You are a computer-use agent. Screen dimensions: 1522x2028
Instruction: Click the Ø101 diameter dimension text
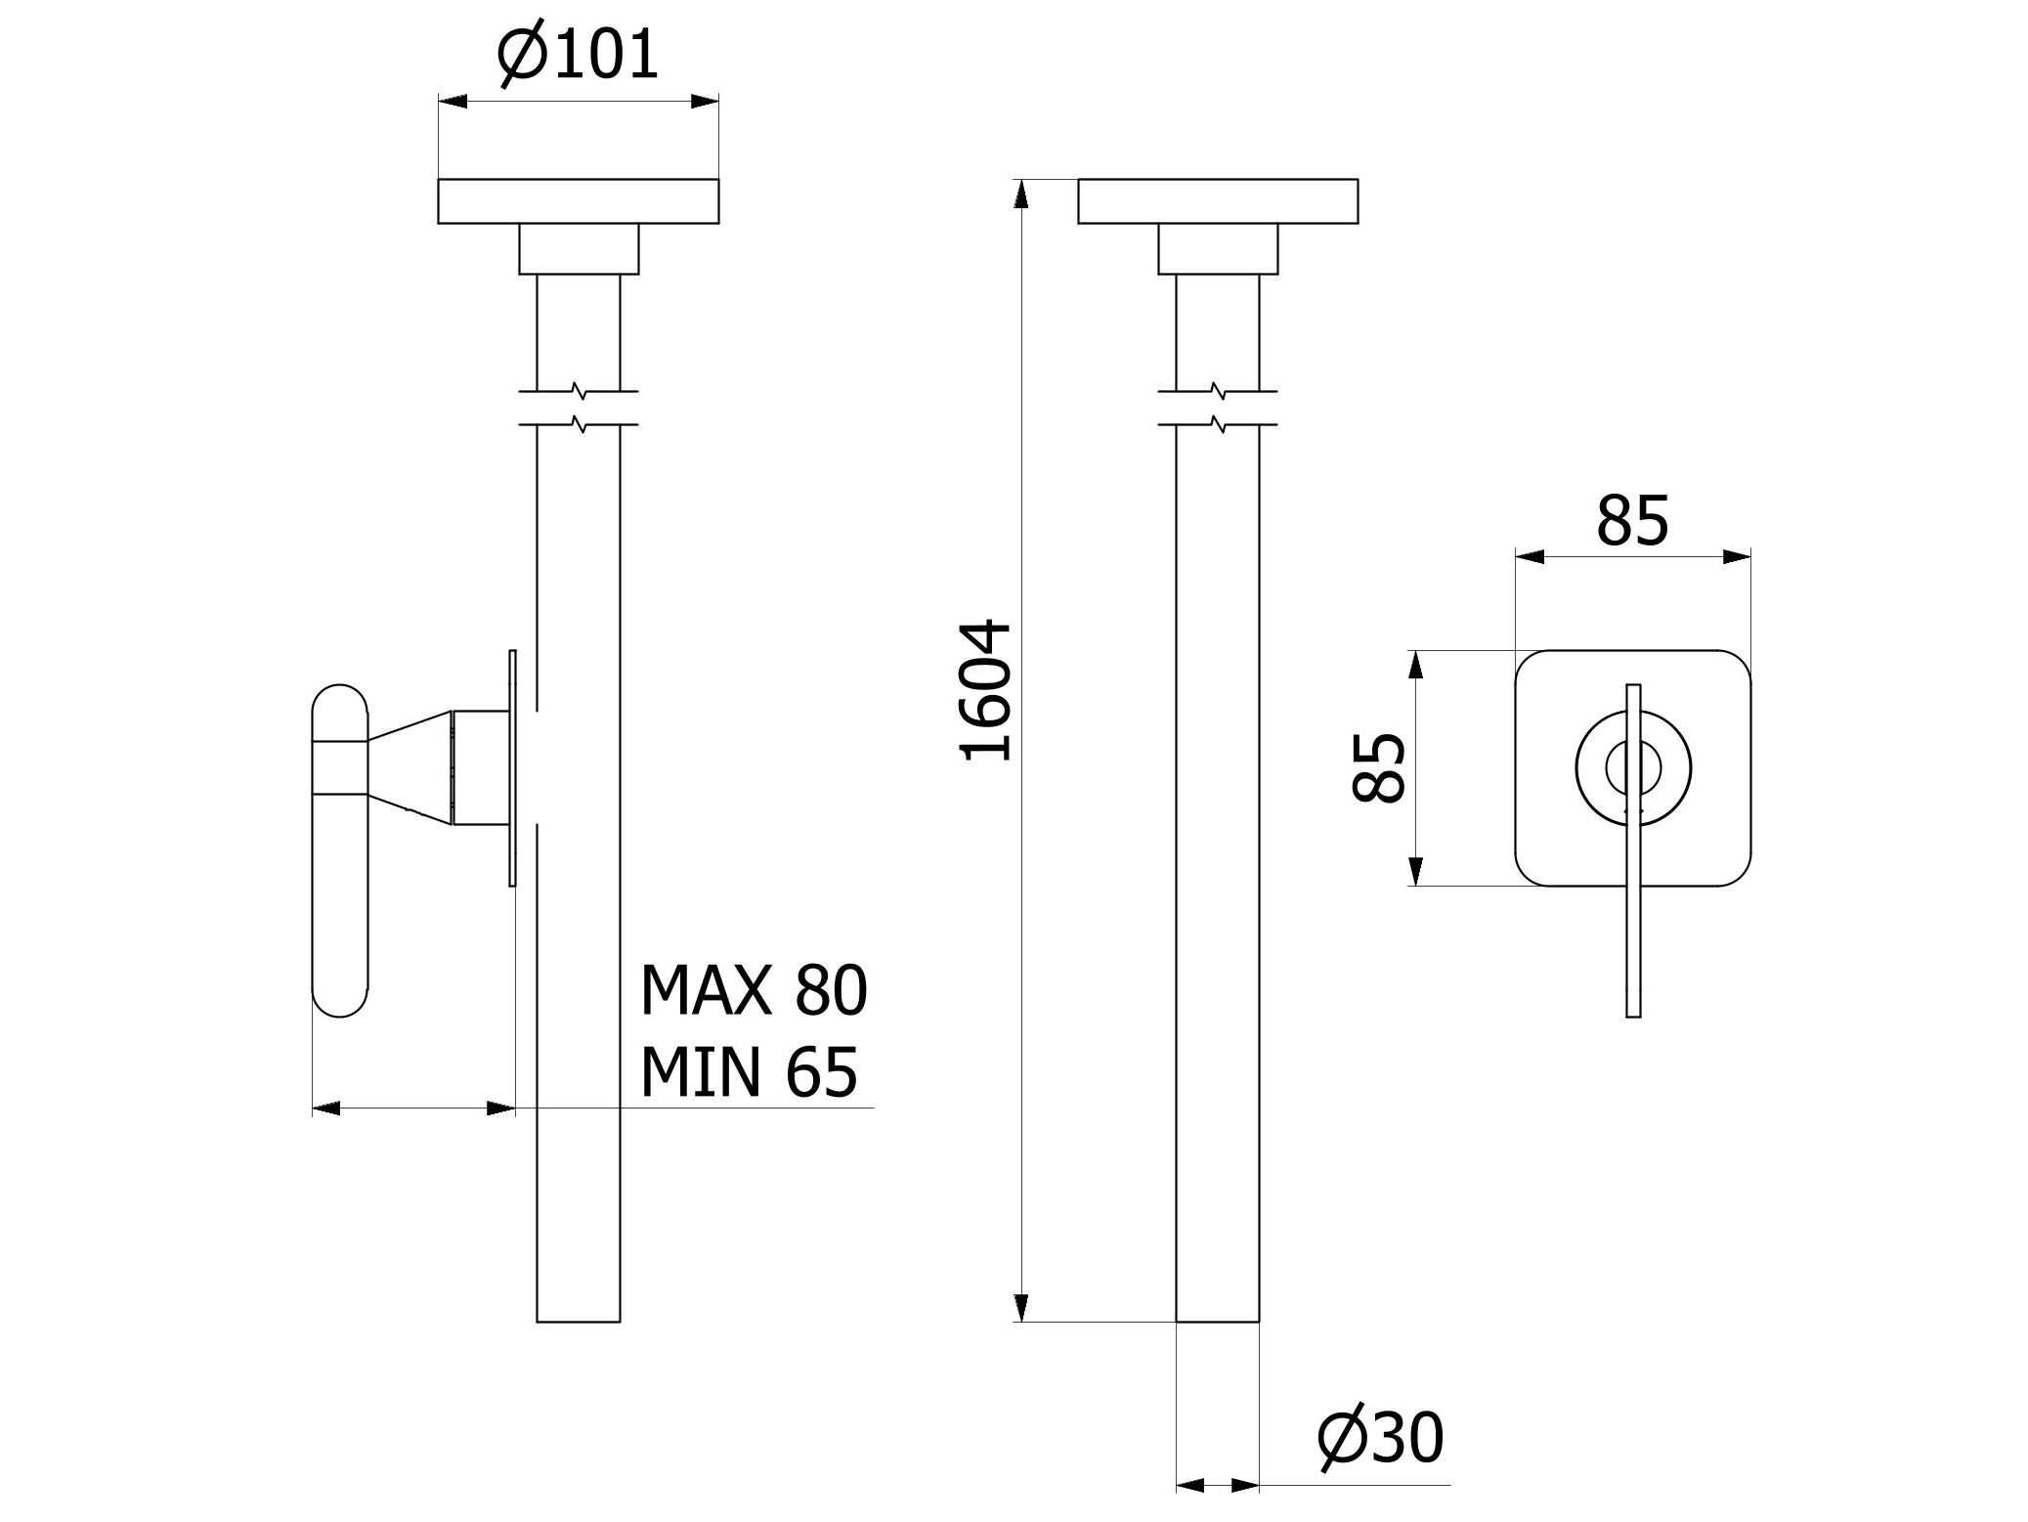coord(578,56)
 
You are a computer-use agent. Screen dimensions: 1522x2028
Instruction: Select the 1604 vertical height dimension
coord(985,689)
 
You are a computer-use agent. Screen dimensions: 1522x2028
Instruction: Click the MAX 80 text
coord(753,991)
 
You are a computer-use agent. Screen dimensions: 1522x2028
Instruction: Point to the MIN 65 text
coord(748,1071)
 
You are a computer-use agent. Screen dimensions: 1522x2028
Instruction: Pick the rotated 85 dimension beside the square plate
coord(1379,767)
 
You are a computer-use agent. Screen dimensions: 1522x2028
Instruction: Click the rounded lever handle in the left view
coord(339,850)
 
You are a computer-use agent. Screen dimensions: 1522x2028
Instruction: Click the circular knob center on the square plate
coord(1632,766)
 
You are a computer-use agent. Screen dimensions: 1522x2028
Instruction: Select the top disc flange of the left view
coord(578,201)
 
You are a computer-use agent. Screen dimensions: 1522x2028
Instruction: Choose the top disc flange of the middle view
coord(1217,201)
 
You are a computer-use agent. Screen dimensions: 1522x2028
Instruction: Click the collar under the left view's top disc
coord(578,248)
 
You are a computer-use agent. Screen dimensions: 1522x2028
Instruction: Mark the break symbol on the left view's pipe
coord(579,409)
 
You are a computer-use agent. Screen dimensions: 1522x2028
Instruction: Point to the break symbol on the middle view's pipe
coord(1217,409)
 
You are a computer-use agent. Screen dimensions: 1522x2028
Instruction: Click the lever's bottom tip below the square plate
coord(1632,1007)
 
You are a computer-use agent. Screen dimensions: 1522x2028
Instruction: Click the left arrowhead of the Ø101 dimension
coord(453,102)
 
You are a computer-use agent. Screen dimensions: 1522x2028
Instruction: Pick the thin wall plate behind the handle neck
coord(512,767)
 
